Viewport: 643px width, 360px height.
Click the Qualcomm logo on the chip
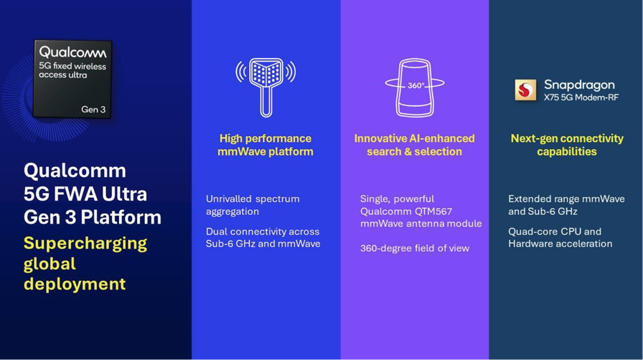click(x=72, y=52)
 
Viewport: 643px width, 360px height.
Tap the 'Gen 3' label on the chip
click(x=93, y=110)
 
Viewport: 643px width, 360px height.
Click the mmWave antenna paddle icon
click(x=266, y=87)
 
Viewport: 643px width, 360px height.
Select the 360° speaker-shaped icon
click(x=415, y=87)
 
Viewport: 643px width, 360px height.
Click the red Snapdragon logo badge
click(x=525, y=90)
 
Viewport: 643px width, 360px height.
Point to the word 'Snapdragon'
click(x=579, y=85)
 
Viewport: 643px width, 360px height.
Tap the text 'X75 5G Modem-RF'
click(x=581, y=98)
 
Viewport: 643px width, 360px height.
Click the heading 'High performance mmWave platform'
click(x=266, y=145)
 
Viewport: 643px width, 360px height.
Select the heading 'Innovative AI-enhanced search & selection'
click(x=415, y=145)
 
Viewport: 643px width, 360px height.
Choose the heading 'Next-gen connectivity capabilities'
click(x=567, y=145)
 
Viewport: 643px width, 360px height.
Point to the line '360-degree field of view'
click(x=415, y=248)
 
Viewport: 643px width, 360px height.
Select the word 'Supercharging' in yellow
click(x=85, y=244)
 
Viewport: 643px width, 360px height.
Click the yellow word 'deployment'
click(x=75, y=284)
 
